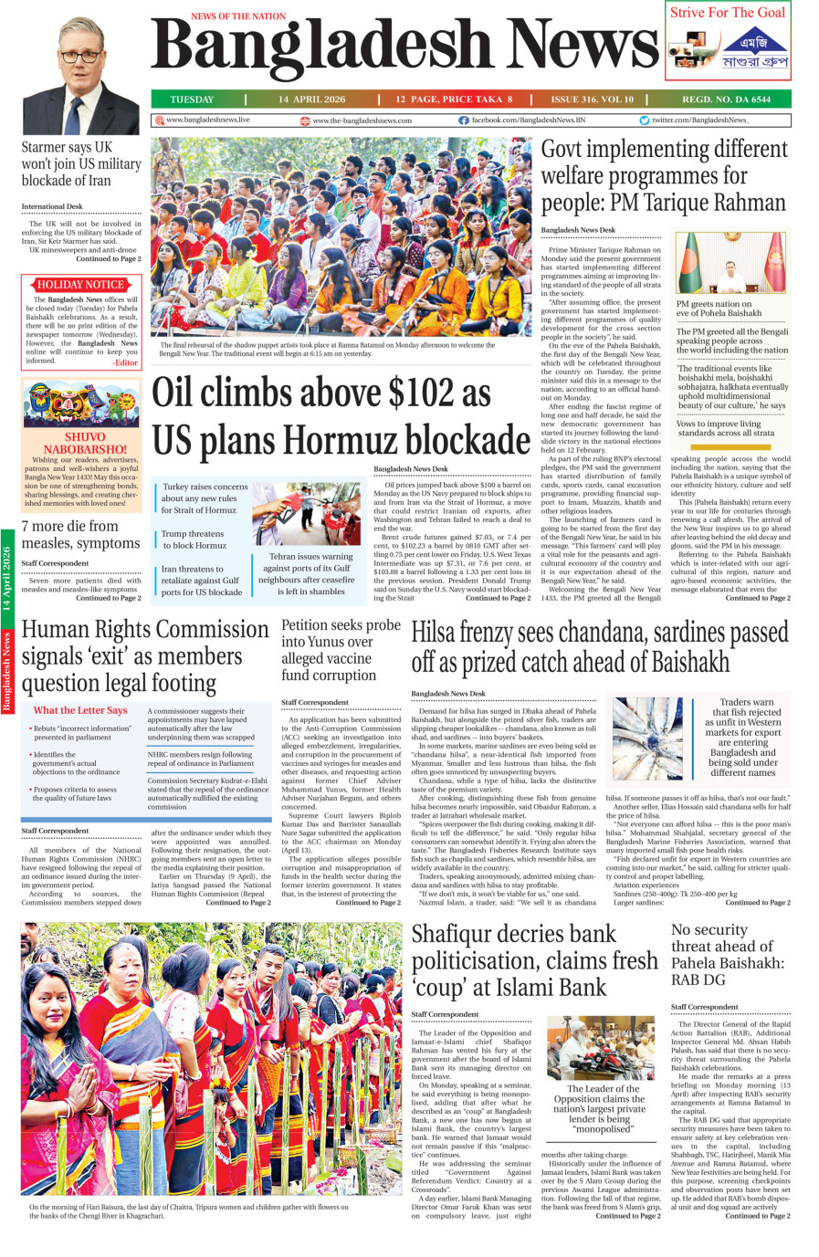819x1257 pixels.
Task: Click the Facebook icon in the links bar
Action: click(x=464, y=120)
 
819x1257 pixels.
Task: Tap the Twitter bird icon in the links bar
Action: click(x=645, y=120)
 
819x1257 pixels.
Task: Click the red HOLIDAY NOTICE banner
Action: click(x=80, y=285)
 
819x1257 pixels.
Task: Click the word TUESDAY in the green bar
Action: click(x=192, y=100)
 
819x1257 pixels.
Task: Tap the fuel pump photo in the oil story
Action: click(x=306, y=513)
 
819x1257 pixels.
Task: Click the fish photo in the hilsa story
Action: click(x=647, y=738)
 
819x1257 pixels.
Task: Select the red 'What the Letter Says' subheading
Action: click(x=80, y=710)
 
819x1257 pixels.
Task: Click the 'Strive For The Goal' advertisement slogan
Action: click(x=728, y=13)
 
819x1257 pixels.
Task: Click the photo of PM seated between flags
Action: click(x=730, y=263)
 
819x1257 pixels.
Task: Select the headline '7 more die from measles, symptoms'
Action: click(x=80, y=535)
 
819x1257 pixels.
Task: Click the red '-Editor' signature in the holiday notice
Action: click(x=125, y=362)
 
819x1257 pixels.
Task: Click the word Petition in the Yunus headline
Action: click(x=311, y=625)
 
